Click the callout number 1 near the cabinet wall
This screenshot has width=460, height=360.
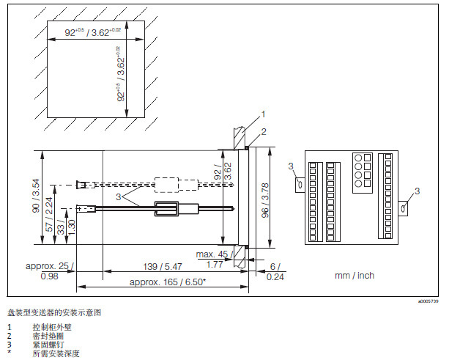(x=262, y=114)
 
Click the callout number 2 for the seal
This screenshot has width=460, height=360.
(x=263, y=130)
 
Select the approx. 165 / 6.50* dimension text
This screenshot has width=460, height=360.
(x=167, y=282)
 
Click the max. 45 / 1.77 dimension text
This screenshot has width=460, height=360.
(x=212, y=259)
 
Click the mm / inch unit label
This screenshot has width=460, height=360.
(x=353, y=276)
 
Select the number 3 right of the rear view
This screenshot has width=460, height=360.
(x=417, y=191)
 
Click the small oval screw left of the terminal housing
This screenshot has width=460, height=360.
(x=298, y=183)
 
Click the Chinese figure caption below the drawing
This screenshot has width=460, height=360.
(x=55, y=312)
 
